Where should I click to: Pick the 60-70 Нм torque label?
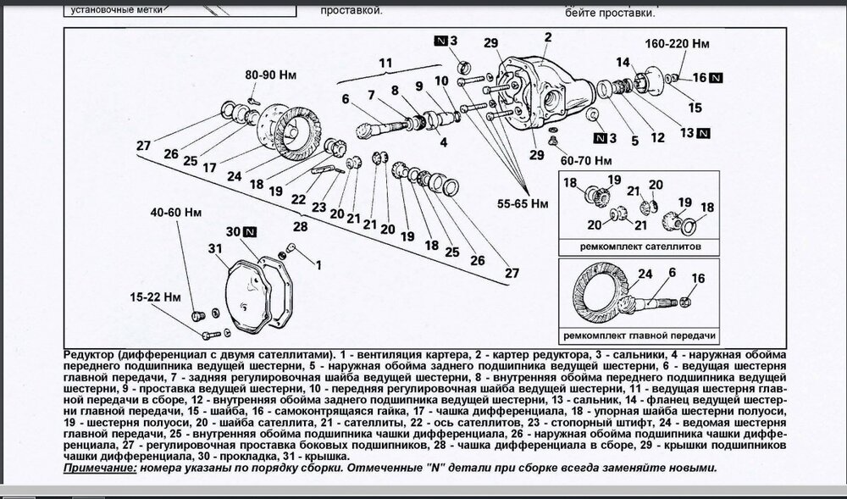585,159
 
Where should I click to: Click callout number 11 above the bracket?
385,64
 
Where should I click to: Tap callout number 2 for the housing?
548,36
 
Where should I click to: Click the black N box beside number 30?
250,231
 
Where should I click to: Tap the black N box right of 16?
717,78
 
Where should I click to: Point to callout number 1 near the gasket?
318,264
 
